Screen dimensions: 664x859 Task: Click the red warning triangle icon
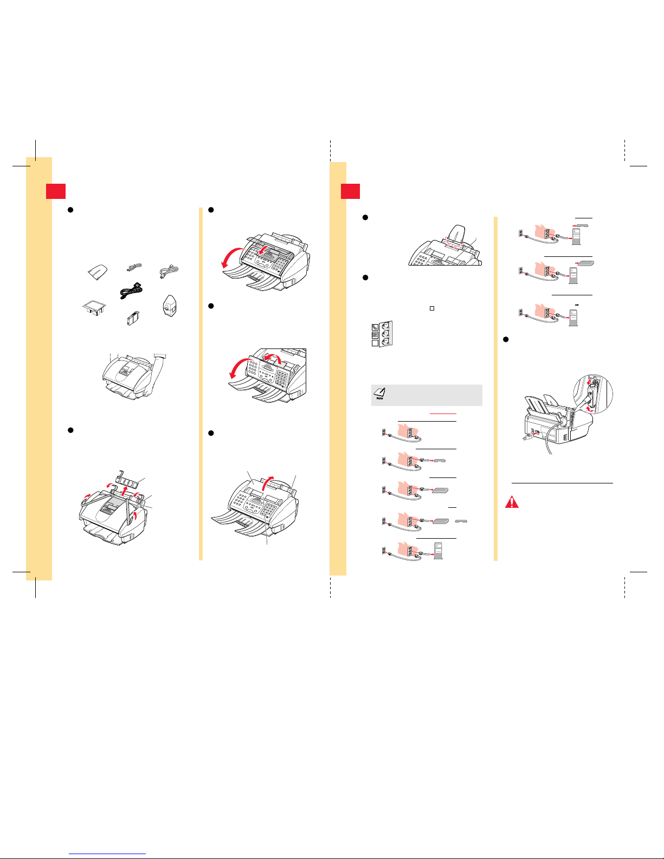512,502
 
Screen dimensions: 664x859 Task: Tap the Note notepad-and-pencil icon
379,393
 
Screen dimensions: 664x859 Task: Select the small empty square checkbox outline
432,308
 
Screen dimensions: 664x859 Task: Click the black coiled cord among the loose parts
131,291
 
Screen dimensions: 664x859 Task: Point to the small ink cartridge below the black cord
133,318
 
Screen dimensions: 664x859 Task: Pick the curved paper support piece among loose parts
98,272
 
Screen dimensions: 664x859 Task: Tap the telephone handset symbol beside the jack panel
375,327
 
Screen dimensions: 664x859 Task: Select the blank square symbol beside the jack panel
375,343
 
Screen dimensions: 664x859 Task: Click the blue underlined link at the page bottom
107,854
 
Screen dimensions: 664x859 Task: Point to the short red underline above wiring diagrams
443,414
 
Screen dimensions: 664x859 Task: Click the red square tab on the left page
56,191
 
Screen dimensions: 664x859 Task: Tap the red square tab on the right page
350,191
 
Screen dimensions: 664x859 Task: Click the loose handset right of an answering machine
461,521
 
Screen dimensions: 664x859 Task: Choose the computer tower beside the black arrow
573,318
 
